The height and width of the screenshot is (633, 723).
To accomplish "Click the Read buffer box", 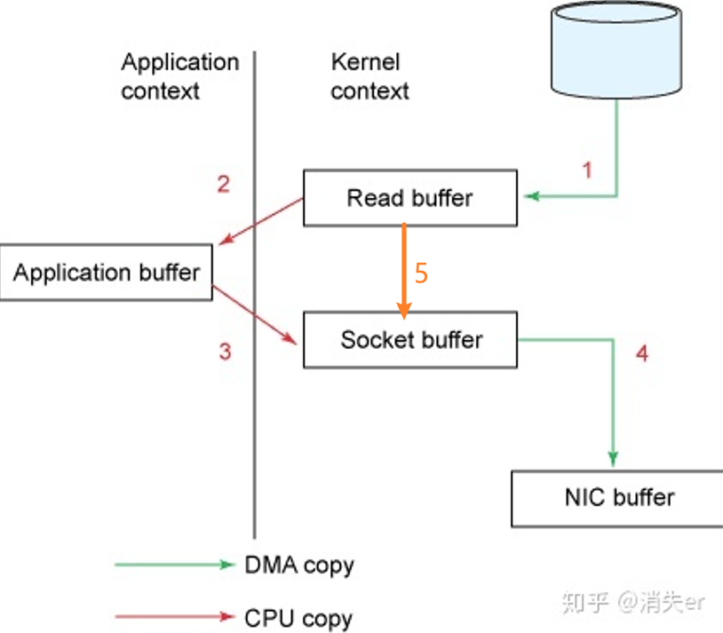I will [x=409, y=197].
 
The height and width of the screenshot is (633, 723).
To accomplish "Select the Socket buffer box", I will [x=409, y=339].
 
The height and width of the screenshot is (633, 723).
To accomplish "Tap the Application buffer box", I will [x=106, y=273].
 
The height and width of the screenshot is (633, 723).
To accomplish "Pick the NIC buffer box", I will [x=618, y=497].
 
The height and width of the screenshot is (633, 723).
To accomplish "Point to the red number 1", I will [x=586, y=169].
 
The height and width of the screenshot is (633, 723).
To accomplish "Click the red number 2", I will [x=224, y=184].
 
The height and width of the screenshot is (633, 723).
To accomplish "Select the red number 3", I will [x=225, y=352].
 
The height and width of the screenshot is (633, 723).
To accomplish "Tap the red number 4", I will [x=642, y=353].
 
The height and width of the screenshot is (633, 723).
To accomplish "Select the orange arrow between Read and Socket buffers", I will [x=404, y=266].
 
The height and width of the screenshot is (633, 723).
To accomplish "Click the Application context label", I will [x=179, y=76].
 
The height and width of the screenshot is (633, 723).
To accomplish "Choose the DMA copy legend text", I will [x=298, y=565].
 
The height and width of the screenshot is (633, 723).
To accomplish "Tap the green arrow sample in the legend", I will [x=173, y=564].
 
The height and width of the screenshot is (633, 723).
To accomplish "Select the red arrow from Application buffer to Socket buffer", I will [x=256, y=315].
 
